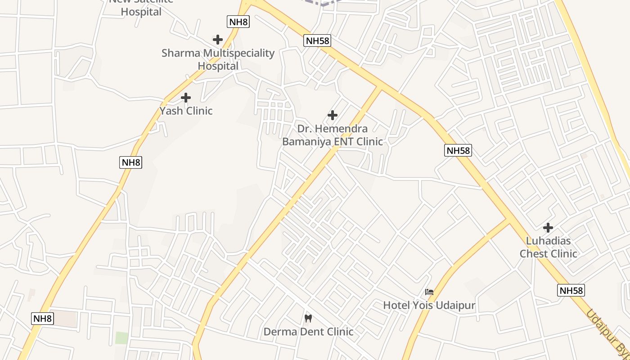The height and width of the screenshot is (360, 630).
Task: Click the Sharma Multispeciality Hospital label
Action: pos(218,59)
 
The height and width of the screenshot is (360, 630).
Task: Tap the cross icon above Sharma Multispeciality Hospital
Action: pos(218,40)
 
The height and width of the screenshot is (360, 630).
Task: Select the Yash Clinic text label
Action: pos(186,111)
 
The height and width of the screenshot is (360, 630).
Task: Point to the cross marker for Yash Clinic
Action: pos(185,97)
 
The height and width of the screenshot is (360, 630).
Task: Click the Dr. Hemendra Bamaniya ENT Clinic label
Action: pos(332,135)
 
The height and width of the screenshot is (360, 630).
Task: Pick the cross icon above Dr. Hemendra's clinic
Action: pos(333,115)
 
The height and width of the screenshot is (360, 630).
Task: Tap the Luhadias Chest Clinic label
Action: pos(548,247)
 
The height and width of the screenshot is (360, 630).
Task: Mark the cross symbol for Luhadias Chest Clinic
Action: pos(548,228)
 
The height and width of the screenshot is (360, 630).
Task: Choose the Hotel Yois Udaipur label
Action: pos(429,306)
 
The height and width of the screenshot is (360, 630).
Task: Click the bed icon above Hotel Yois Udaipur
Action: pos(429,292)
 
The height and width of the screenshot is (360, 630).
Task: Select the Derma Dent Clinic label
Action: pos(308,332)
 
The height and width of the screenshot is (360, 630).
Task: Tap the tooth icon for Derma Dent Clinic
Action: pos(308,318)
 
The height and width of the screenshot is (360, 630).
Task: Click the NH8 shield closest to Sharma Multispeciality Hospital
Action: pos(238,22)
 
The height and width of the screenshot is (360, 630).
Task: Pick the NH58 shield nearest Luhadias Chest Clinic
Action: pos(571,291)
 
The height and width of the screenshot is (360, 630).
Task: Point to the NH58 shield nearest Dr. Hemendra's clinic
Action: pos(317,41)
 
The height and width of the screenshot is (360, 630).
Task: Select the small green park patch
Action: pos(121,337)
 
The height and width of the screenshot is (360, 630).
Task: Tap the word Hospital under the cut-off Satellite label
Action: pos(141,12)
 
